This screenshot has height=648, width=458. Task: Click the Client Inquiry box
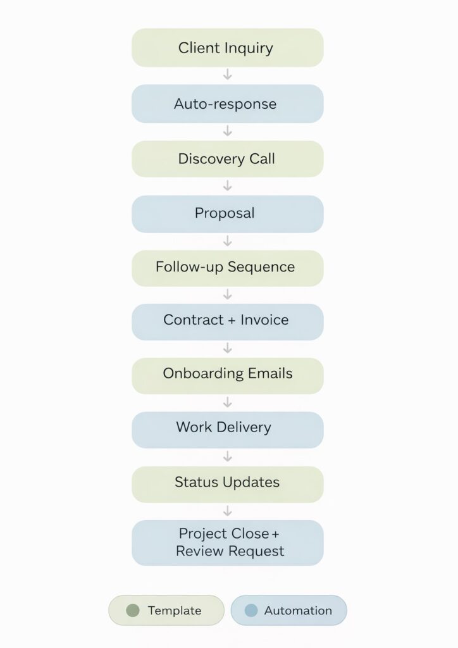coord(227,47)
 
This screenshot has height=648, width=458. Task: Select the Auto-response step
coord(227,104)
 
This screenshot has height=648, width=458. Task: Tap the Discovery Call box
coord(227,159)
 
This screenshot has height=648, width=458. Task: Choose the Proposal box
coord(227,213)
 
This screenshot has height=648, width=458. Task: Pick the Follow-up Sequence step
coord(227,267)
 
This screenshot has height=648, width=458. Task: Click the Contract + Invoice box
coord(227,321)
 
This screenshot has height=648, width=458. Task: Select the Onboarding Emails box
coord(227,374)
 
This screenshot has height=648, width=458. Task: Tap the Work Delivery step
coord(227,428)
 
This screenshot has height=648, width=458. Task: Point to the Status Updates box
coord(227,483)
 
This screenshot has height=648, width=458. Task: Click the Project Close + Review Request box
coord(227,542)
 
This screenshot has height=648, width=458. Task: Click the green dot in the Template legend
coord(132,611)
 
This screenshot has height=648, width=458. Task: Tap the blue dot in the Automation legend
coord(251,611)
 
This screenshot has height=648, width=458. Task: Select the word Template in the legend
coord(175,611)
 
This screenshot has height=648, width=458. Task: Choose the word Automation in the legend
coord(298,611)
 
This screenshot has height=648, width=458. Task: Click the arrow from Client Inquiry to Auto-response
coord(228,75)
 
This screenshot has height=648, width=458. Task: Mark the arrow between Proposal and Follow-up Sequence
coord(228,241)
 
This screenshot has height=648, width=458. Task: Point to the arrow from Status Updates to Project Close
coord(228,511)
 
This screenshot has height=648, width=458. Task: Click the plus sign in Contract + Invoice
coord(230,321)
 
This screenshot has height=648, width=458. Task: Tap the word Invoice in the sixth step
coord(264,320)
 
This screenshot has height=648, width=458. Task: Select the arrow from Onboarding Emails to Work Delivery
coord(228,402)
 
